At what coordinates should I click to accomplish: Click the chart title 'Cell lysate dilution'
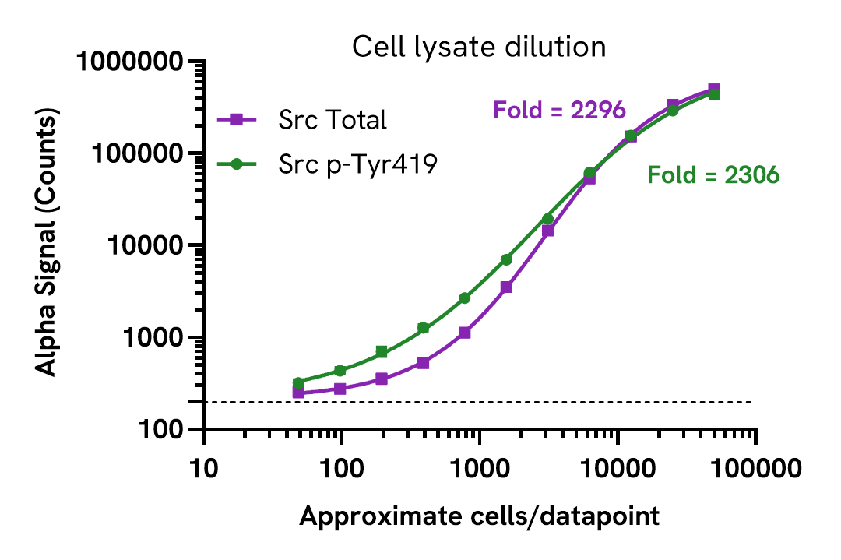point(478,48)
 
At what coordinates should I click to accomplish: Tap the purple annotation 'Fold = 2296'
point(559,111)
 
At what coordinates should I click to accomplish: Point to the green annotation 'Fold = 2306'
point(713,176)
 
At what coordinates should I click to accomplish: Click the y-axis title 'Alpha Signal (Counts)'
point(48,245)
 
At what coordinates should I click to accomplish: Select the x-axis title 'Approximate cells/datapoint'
point(479,516)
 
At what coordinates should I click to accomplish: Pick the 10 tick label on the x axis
point(204,470)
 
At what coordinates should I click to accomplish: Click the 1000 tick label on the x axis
point(480,470)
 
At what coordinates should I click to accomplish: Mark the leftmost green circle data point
point(298,383)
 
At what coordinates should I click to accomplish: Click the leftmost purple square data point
point(298,393)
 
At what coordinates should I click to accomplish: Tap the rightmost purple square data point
point(714,89)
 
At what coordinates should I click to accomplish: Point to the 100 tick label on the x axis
point(342,470)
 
